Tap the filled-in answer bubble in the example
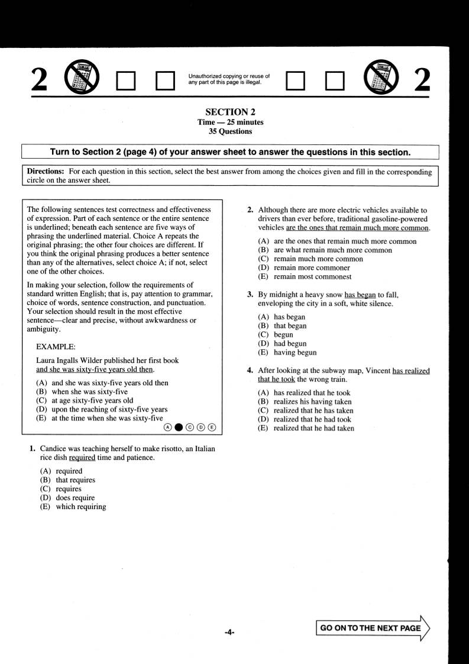click(179, 427)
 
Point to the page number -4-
click(229, 632)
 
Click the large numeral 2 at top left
click(38, 79)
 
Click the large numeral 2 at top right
click(422, 79)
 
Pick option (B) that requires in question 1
click(67, 480)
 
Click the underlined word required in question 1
click(82, 457)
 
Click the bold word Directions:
click(46, 171)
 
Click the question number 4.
click(250, 370)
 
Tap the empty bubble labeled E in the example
click(212, 427)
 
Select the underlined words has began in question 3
click(360, 294)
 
